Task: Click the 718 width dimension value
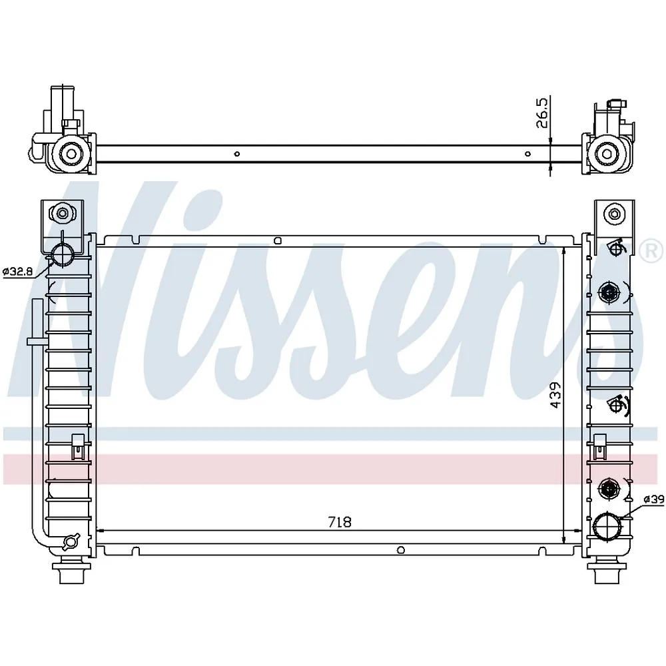click(x=340, y=521)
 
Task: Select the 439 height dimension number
click(x=555, y=396)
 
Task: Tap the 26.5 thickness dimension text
click(x=542, y=113)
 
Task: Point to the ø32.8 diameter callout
click(x=17, y=271)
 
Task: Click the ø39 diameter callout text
click(x=654, y=499)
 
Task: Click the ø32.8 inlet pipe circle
click(x=63, y=256)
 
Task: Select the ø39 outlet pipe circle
click(x=608, y=527)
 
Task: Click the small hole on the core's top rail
click(x=278, y=241)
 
